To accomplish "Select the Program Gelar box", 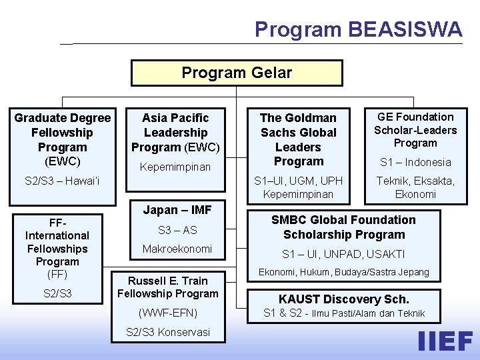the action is [x=237, y=73].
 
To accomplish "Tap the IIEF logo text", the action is [x=445, y=341].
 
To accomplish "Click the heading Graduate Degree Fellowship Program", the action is [x=63, y=133].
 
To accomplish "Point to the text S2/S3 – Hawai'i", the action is [x=62, y=180].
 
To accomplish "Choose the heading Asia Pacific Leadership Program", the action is [x=175, y=133].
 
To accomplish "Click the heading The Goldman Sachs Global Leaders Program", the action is [x=299, y=139].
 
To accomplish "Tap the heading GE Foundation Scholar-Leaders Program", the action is [x=415, y=130].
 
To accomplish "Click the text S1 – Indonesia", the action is [x=415, y=162].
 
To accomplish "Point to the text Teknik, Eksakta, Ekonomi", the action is [x=415, y=187].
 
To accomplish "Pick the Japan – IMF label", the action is [x=177, y=210].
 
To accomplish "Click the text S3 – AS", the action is [x=177, y=230].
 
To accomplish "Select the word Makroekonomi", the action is [x=177, y=249].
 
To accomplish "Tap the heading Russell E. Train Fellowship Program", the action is [x=168, y=287].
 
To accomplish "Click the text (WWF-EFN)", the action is [x=168, y=312].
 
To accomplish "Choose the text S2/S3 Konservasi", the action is [x=168, y=332].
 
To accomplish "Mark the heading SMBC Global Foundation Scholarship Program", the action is [x=344, y=227].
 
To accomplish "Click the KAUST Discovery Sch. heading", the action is [x=344, y=299].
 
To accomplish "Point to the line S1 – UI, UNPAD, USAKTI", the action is [x=344, y=254].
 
